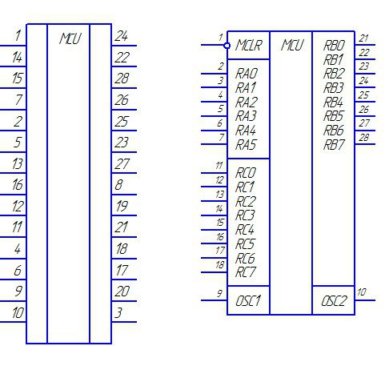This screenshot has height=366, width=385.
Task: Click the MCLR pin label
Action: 249,45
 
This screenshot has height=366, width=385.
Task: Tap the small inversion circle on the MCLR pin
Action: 227,46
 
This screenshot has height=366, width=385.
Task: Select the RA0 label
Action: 247,74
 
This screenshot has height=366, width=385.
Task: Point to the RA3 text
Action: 246,116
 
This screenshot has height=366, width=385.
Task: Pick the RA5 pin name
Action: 246,145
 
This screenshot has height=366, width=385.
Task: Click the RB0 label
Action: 335,46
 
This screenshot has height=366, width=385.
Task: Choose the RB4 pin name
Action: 334,103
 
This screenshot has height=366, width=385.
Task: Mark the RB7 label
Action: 334,145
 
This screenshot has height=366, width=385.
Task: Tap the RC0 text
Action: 246,173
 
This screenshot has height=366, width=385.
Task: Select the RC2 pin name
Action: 246,202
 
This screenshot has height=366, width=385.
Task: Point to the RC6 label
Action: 245,259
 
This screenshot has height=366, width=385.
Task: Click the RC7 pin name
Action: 246,272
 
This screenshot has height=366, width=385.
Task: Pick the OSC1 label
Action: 248,301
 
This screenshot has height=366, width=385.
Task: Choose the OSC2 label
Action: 334,301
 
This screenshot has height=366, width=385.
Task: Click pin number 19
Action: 122,207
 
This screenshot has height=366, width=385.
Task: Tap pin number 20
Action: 122,292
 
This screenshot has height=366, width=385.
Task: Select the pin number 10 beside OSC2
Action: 362,292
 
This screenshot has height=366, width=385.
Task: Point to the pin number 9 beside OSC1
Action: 219,293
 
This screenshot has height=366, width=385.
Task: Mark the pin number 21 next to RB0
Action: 363,38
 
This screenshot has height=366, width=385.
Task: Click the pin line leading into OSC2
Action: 365,300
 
